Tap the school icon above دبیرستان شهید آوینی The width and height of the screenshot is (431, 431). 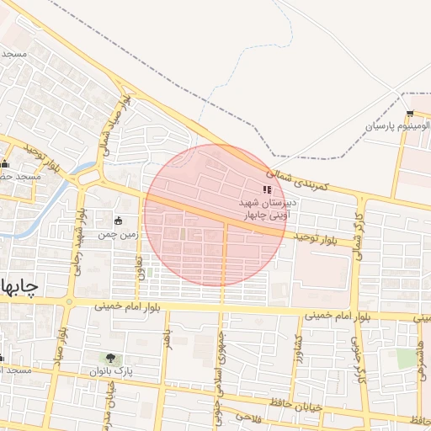click(268, 190)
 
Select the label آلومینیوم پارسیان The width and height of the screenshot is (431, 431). click(397, 125)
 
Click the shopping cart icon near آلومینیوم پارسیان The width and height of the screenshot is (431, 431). click(410, 114)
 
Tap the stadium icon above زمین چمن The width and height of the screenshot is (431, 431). click(118, 221)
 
